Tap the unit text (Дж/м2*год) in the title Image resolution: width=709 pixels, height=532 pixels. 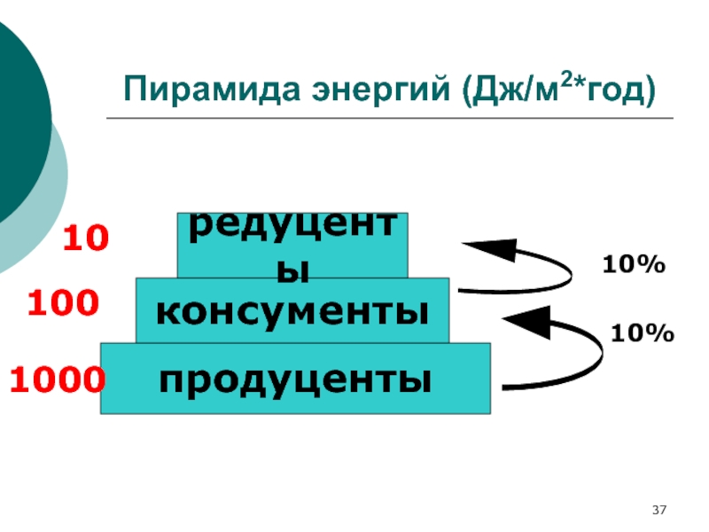pos(557,90)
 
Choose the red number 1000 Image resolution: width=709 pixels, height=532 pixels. pos(58,380)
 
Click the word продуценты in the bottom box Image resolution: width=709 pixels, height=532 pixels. pos(296,379)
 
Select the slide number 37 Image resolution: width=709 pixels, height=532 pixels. pos(658,511)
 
